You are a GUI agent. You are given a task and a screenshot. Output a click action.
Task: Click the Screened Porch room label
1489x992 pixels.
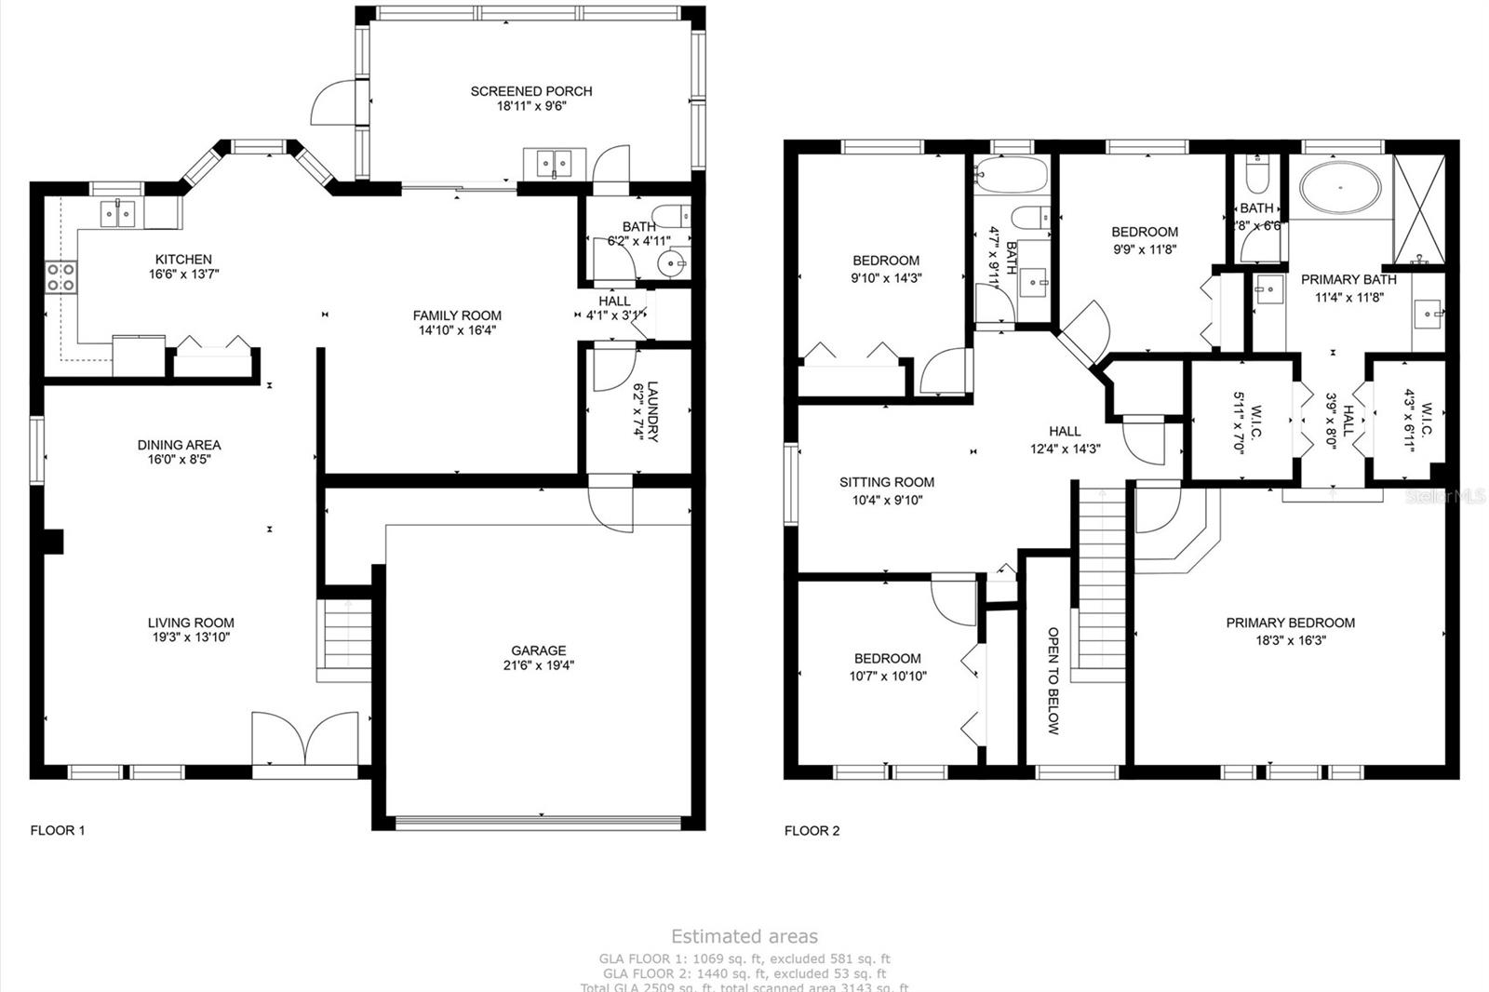531,91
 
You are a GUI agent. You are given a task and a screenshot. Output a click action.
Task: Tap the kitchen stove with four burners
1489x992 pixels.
61,277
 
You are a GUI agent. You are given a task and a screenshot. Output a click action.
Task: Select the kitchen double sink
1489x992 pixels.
119,215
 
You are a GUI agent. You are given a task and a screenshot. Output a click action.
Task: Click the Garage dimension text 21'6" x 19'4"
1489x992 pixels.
538,665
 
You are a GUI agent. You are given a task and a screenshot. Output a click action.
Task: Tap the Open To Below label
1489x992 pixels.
1053,680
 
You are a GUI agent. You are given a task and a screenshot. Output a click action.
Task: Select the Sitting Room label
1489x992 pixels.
886,482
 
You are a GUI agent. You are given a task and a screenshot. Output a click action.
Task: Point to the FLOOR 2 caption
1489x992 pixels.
812,830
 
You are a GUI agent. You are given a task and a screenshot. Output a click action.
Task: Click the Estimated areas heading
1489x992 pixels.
744,936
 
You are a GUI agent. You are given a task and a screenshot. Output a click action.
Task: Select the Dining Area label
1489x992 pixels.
179,445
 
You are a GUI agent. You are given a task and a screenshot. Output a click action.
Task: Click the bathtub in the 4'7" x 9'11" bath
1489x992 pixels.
1011,174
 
